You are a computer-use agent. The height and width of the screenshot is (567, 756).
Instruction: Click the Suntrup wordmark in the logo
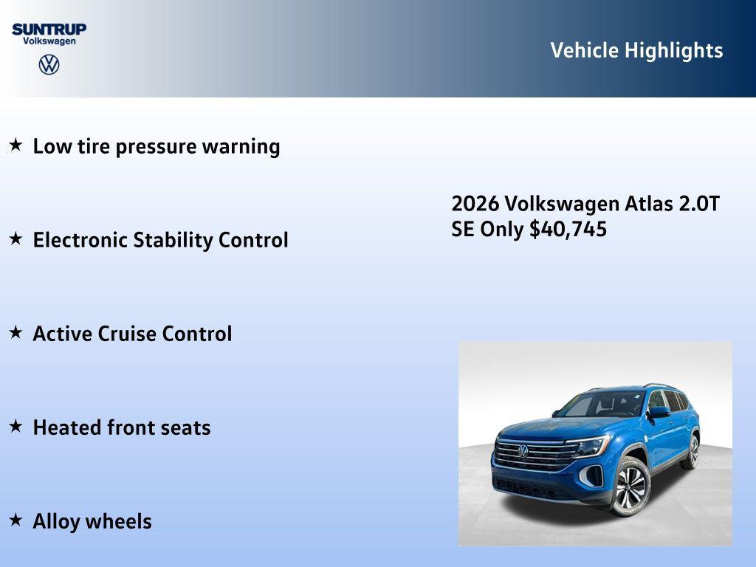click(49, 29)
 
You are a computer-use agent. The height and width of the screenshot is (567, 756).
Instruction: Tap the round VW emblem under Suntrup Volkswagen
click(49, 64)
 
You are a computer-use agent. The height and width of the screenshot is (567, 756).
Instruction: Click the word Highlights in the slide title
click(673, 50)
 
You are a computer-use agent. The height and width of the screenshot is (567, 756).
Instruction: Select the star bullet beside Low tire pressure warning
click(16, 145)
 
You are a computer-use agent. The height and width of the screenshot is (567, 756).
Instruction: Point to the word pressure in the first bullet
click(156, 147)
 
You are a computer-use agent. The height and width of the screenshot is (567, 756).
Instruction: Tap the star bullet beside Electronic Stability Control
click(16, 238)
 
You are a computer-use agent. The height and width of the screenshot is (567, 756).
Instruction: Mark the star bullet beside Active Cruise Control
click(16, 332)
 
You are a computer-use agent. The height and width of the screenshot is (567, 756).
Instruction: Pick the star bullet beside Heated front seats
click(16, 426)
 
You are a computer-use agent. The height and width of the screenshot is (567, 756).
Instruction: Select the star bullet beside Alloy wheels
click(16, 520)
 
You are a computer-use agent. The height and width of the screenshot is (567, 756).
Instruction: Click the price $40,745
click(568, 229)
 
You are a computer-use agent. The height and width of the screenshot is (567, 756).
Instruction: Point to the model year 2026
click(475, 204)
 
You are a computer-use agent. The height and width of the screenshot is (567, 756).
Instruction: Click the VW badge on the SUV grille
click(523, 450)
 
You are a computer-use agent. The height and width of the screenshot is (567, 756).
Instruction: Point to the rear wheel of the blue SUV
click(693, 451)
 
